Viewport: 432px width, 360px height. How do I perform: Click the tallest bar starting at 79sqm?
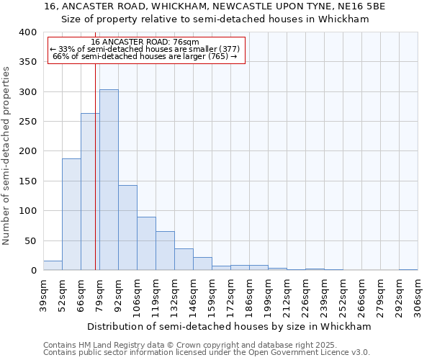109,180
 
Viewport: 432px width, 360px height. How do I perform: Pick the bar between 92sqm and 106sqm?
127,228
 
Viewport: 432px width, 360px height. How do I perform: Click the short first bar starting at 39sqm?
53,266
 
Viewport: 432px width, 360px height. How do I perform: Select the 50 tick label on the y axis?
30,241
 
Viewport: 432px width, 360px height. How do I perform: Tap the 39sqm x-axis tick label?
44,294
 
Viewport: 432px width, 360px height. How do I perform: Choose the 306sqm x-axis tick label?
418,294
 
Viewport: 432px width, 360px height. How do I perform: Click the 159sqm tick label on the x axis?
212,294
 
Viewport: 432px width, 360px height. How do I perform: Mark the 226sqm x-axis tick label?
306,294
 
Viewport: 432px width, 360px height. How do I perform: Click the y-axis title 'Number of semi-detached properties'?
6,155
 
